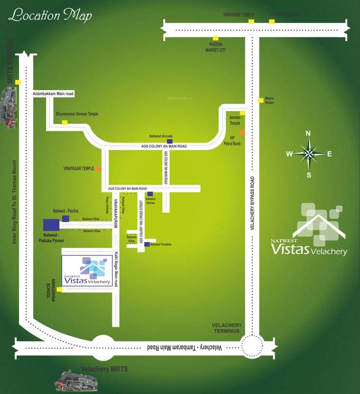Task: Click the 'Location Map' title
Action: coord(50,15)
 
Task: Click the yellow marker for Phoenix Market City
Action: coord(216,38)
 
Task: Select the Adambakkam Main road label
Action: coord(53,94)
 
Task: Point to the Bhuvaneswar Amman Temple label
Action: coord(77,114)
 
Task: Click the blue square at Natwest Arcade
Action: coord(170,141)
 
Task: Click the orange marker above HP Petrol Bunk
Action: coord(242,132)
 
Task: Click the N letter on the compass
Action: coord(308,133)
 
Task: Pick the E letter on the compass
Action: coord(329,153)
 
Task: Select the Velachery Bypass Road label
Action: coord(252,203)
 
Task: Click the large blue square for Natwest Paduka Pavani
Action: coord(51,225)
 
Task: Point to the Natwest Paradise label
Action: coord(161,244)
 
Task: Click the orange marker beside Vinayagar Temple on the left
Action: coord(98,168)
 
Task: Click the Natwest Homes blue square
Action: coord(150,194)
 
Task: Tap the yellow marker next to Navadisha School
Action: coord(59,290)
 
